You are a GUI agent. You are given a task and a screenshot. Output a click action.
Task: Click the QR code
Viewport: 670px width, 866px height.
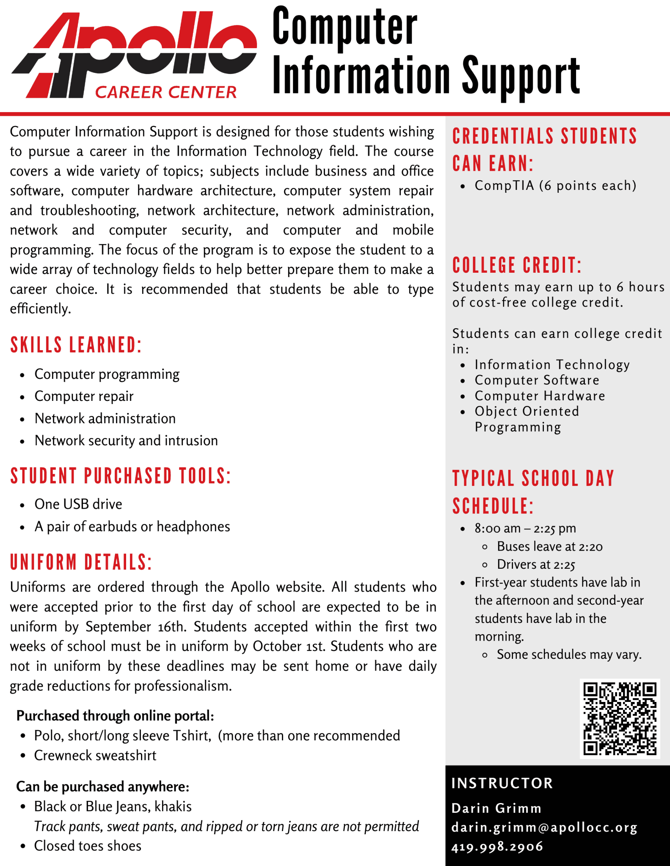point(620,718)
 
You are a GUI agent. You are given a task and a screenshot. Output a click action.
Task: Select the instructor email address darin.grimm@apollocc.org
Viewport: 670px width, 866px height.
point(544,828)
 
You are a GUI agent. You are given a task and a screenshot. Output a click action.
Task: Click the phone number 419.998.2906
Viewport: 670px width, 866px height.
point(497,847)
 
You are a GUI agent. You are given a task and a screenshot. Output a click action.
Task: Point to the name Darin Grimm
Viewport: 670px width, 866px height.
point(496,808)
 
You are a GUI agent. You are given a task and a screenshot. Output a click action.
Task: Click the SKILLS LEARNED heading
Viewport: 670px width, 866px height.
point(76,345)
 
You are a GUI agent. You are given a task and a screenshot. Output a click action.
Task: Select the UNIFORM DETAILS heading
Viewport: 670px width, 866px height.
point(81,562)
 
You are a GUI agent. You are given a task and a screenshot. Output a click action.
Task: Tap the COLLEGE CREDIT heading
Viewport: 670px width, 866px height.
point(517,266)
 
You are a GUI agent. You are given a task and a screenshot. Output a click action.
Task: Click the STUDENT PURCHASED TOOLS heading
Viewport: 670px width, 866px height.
point(121,476)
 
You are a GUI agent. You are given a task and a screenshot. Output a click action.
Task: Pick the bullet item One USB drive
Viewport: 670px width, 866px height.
point(78,504)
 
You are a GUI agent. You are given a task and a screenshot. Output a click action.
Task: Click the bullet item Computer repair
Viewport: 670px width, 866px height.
point(84,396)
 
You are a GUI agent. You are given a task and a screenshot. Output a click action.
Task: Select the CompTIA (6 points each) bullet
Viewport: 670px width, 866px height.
point(555,186)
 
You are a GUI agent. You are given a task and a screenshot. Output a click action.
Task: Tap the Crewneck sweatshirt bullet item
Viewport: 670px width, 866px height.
point(95,755)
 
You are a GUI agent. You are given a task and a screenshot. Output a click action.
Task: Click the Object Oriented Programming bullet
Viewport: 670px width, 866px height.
point(527,419)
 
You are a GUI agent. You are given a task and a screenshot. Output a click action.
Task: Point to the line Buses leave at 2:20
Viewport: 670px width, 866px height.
point(549,546)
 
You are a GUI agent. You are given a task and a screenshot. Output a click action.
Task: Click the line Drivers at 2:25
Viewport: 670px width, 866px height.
point(536,565)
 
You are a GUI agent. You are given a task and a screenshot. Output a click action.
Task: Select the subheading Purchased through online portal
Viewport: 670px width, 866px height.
point(115,715)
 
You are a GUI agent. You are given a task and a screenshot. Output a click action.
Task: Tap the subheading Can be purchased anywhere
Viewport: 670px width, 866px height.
point(102,787)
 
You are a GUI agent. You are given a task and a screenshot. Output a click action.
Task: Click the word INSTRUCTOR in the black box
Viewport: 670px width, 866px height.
point(502,783)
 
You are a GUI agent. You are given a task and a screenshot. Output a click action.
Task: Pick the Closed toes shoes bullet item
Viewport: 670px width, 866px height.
point(88,846)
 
